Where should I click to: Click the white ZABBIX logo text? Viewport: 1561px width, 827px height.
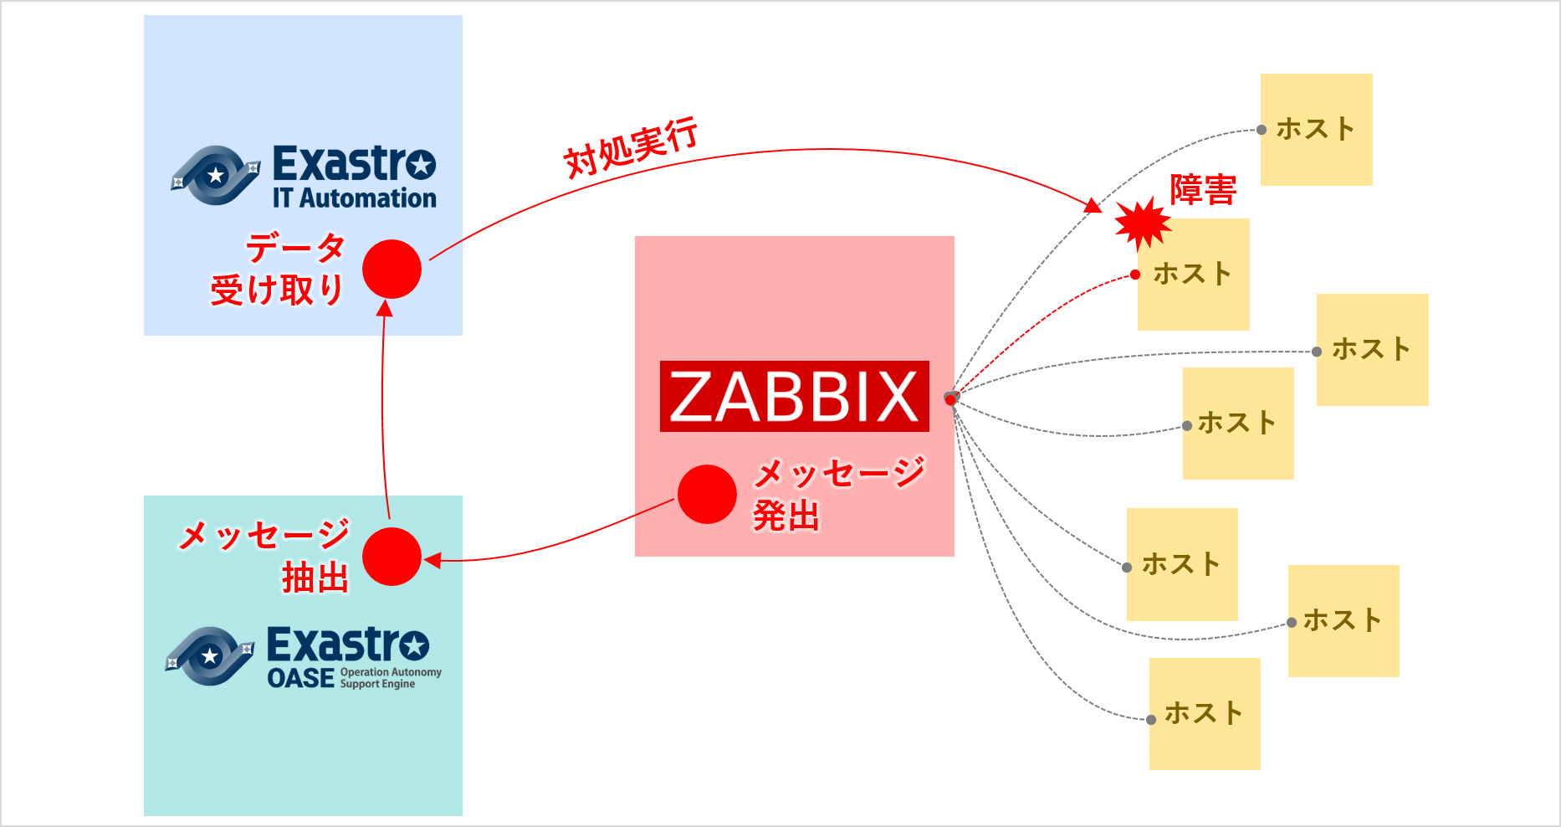pyautogui.click(x=794, y=397)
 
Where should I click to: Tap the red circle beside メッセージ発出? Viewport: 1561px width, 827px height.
pyautogui.click(x=707, y=494)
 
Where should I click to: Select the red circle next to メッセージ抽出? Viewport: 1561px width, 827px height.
pyautogui.click(x=392, y=557)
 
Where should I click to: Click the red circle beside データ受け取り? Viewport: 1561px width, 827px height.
pyautogui.click(x=392, y=269)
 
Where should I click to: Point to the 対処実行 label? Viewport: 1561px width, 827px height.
pyautogui.click(x=631, y=147)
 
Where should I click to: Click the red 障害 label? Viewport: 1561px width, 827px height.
pyautogui.click(x=1203, y=190)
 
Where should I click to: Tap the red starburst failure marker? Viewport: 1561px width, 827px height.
pyautogui.click(x=1143, y=222)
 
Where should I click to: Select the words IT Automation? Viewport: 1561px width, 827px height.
pyautogui.click(x=355, y=198)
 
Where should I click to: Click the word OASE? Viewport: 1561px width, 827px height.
pyautogui.click(x=300, y=678)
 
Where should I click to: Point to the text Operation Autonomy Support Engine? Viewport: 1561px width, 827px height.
pyautogui.click(x=390, y=678)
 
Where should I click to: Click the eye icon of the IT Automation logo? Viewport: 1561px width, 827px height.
pyautogui.click(x=216, y=175)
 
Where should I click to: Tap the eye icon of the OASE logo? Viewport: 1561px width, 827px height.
pyautogui.click(x=210, y=656)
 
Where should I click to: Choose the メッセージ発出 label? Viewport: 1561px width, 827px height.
pyautogui.click(x=837, y=494)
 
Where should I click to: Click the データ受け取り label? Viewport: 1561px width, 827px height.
pyautogui.click(x=279, y=269)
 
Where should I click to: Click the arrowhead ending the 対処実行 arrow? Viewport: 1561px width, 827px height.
pyautogui.click(x=1093, y=206)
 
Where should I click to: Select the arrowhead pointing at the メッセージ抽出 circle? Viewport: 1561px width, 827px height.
pyautogui.click(x=432, y=560)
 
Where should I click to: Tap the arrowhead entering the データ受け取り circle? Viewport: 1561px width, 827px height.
pyautogui.click(x=385, y=308)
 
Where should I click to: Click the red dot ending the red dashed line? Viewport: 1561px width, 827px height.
pyautogui.click(x=1135, y=275)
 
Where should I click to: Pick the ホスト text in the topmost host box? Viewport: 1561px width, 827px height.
pyautogui.click(x=1315, y=129)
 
